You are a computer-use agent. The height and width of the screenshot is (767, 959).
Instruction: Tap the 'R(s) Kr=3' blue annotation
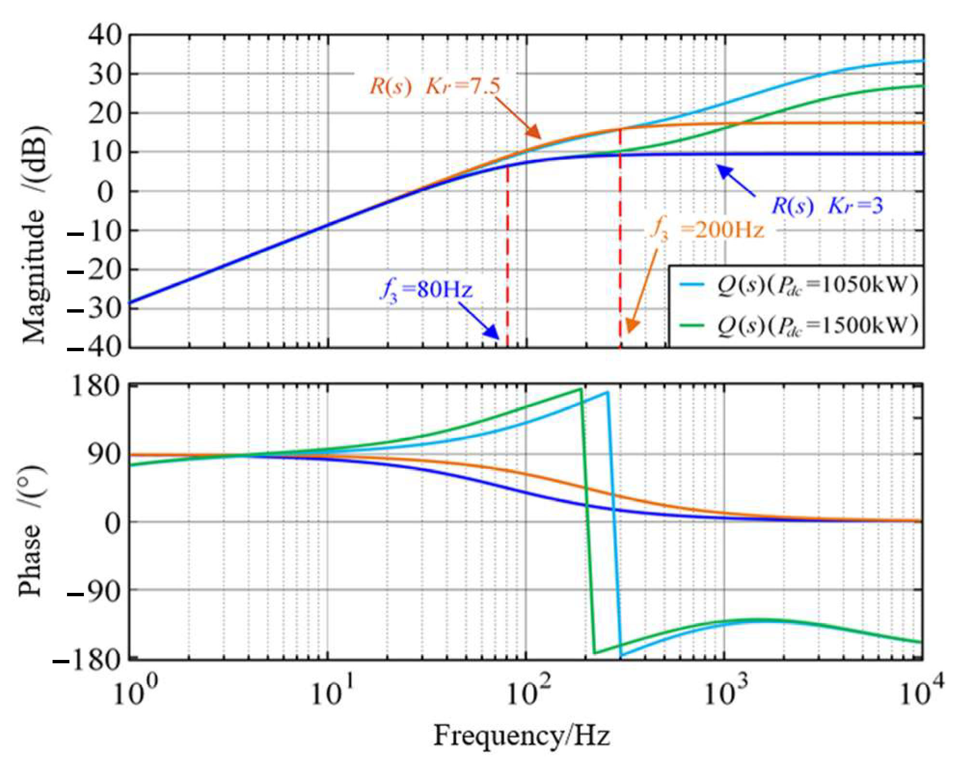(826, 206)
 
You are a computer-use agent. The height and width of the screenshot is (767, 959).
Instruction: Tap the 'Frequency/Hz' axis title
(522, 736)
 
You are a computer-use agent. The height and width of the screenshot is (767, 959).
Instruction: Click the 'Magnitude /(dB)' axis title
(34, 235)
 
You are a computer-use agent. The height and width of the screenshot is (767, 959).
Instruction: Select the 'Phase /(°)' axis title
(30, 531)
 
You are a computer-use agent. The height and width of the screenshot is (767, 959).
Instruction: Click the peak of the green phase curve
(581, 389)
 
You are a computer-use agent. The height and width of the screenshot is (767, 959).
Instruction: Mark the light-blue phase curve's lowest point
(621, 656)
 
